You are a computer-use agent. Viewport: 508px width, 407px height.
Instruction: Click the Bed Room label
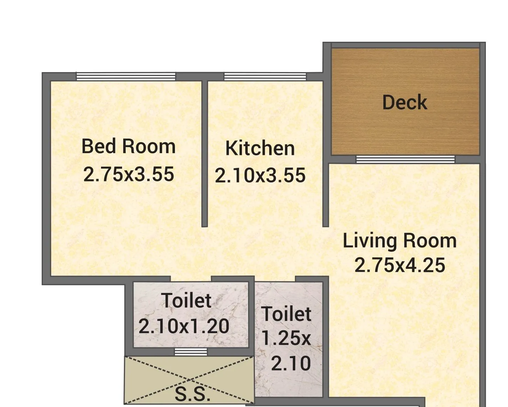[129, 146]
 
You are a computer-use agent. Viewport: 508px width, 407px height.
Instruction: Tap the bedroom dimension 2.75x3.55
[129, 174]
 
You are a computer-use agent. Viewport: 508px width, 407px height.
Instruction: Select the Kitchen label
[260, 149]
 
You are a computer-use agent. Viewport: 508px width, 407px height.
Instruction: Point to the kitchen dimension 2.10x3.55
[260, 176]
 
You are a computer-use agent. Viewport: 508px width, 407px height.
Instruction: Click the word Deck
[404, 102]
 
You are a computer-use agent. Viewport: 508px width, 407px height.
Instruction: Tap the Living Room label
[399, 241]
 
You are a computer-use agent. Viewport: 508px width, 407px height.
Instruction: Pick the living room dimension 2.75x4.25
[399, 265]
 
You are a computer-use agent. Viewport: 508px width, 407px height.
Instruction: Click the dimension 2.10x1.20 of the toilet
[184, 326]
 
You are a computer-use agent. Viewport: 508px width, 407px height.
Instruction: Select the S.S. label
[192, 394]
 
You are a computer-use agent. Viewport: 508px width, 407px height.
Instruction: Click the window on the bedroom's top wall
[126, 76]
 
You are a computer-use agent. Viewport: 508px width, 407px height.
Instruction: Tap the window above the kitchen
[265, 76]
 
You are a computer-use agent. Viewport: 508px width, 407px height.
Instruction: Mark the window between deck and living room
[405, 159]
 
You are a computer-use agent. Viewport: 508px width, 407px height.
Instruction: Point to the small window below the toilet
[191, 352]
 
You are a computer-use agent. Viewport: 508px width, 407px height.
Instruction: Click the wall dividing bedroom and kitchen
[205, 154]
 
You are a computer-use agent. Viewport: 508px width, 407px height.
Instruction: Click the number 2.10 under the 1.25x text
[291, 363]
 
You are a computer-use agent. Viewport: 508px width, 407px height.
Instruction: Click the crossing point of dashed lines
[190, 380]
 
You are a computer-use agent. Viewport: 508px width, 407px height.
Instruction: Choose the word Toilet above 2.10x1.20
[187, 301]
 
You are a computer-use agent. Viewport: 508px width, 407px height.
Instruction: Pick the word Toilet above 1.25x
[286, 314]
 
